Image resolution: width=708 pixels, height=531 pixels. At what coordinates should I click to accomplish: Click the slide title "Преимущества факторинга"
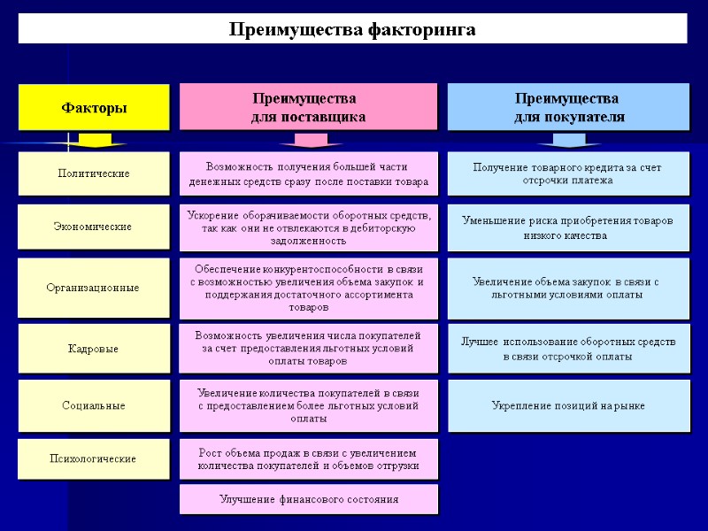click(352, 29)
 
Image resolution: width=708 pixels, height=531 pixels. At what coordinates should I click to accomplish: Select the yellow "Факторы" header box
click(93, 107)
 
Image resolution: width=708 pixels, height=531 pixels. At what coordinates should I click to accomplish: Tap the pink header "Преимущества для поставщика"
click(308, 107)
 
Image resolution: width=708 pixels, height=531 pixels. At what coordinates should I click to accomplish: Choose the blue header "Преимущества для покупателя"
click(567, 107)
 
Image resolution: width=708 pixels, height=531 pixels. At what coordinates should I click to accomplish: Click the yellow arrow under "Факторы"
click(94, 140)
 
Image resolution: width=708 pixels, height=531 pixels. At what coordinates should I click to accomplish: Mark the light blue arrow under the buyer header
click(568, 140)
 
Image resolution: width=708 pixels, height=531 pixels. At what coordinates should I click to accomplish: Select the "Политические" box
click(93, 173)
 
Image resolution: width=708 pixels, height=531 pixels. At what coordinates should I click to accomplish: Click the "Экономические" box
click(93, 227)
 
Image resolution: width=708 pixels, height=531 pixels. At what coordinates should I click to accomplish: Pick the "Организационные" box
click(93, 288)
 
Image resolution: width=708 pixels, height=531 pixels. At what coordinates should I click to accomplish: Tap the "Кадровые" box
click(93, 349)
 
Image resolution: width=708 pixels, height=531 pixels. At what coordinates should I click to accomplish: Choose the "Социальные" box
click(93, 405)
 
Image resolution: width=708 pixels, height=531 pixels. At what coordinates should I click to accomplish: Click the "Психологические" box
click(93, 458)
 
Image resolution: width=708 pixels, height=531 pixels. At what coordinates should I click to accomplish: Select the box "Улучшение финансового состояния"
click(308, 499)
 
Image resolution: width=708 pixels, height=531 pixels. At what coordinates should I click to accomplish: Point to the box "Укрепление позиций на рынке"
click(567, 405)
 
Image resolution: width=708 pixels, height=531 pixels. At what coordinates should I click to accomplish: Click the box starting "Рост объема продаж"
click(308, 458)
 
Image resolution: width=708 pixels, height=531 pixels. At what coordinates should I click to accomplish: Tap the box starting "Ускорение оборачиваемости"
click(308, 227)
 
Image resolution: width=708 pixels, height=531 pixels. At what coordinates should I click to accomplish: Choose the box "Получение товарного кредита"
click(567, 173)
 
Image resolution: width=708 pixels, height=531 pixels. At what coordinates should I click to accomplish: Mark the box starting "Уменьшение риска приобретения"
click(567, 227)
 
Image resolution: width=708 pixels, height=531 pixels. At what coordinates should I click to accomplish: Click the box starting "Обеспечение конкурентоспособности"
click(308, 288)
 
